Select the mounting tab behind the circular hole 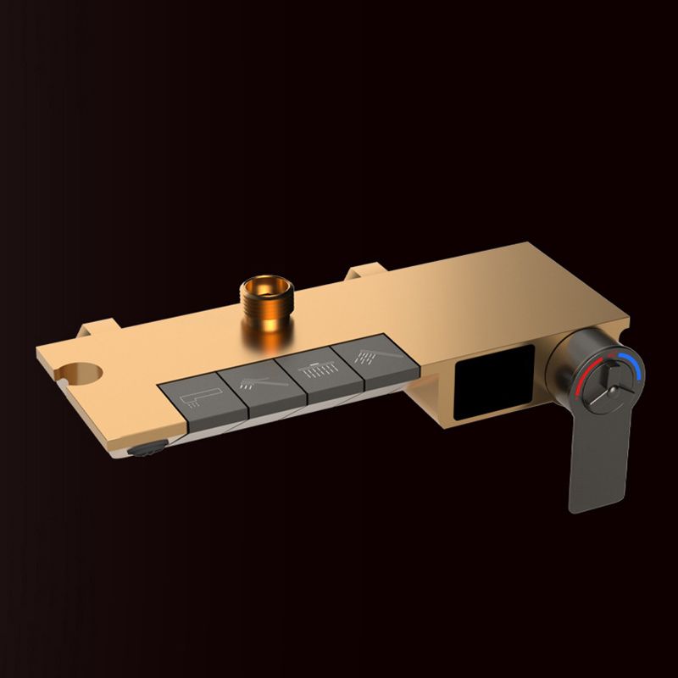pyautogui.click(x=96, y=329)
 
